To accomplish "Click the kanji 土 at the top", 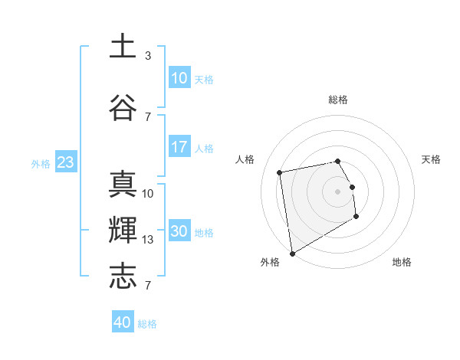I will pos(123,46).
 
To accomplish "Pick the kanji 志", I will pos(123,277).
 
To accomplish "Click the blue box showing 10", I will pos(179,78).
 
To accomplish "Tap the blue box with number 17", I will pos(179,147).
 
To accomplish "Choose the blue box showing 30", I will pos(179,231).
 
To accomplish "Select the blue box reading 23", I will pos(65,162).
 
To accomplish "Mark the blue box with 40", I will pos(123,322).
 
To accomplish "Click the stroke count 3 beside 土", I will pos(148,56).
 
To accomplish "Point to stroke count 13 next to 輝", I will pos(148,240).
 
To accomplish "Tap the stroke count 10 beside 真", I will pos(148,194).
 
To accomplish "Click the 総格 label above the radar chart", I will pos(338,100).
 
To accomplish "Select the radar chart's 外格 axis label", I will pos(270,262).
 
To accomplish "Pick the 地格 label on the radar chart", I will pos(402,262).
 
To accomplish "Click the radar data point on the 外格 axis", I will pos(292,253).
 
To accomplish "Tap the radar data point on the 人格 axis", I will pos(280,172).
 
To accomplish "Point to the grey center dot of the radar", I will pos(337,191).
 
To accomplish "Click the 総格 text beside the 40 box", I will pos(148,324).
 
